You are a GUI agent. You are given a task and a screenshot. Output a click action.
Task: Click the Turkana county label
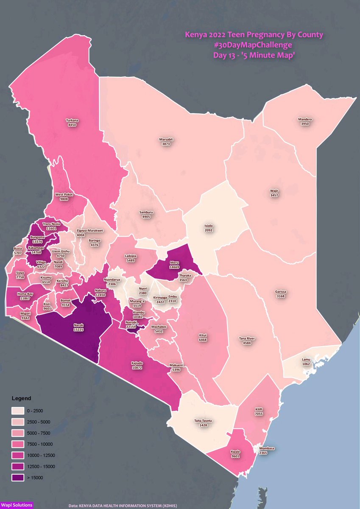click(x=72, y=120)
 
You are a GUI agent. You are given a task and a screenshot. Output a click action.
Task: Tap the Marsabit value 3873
click(x=166, y=145)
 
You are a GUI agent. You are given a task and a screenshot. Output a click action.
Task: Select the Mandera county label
click(x=305, y=119)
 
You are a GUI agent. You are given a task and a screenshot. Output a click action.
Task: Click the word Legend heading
click(x=21, y=399)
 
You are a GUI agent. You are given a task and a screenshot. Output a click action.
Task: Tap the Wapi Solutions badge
click(x=17, y=505)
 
